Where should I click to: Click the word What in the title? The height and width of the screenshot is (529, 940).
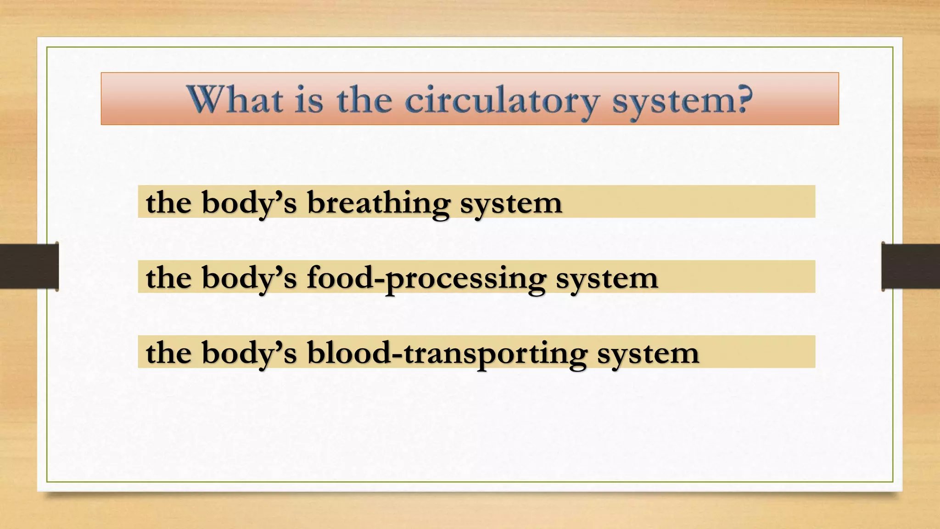click(235, 100)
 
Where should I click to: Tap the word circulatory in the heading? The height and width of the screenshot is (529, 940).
click(502, 101)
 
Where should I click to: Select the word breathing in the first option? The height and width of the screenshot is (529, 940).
click(378, 203)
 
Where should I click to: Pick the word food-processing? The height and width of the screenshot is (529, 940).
click(426, 278)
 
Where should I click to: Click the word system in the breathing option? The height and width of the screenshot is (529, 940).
click(511, 203)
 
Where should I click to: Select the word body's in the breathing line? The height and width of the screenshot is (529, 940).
click(249, 203)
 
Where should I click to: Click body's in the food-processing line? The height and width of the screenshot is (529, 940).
click(249, 278)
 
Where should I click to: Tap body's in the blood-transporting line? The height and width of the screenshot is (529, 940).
click(249, 353)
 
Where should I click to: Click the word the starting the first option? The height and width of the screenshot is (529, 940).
click(168, 203)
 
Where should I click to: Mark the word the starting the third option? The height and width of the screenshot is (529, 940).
click(168, 353)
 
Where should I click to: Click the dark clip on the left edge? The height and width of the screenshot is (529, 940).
click(29, 266)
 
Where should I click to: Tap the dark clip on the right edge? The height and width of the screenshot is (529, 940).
click(911, 266)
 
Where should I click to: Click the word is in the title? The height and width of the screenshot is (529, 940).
click(308, 100)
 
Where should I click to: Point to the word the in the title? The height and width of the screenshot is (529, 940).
click(364, 100)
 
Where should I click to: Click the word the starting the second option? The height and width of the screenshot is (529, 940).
click(168, 278)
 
